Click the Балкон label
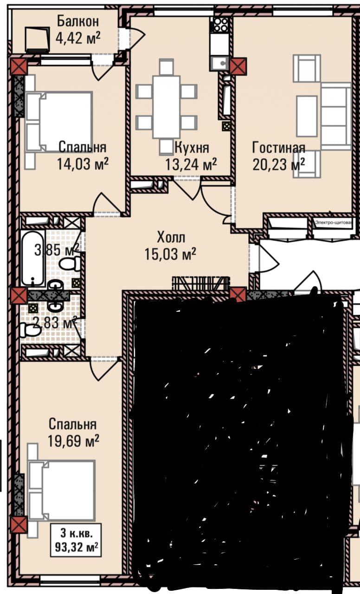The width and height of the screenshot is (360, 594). coord(78,21)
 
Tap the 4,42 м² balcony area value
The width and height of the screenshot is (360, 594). coord(78,38)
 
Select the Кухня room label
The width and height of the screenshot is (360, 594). coord(192,148)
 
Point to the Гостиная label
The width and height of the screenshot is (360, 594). coord(279,148)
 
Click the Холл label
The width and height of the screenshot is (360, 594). coord(171,237)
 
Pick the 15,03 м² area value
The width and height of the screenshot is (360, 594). coord(170,254)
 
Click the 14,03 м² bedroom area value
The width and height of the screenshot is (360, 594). coord(83,164)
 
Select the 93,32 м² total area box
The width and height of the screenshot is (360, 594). coord(76,540)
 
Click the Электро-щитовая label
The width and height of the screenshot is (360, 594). coord(334,223)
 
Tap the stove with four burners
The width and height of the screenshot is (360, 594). coord(220,24)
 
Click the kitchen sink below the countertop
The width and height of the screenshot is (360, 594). coord(220,64)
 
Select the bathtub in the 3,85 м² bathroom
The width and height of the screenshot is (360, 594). coord(33,258)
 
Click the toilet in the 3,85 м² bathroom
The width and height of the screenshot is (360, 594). coord(70,264)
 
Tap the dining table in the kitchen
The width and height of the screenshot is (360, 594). coord(167,107)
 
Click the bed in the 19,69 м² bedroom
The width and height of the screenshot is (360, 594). coord(62,490)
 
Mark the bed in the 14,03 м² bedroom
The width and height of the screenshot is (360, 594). coord(59,122)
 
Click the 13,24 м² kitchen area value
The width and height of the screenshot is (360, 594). coord(191,164)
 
